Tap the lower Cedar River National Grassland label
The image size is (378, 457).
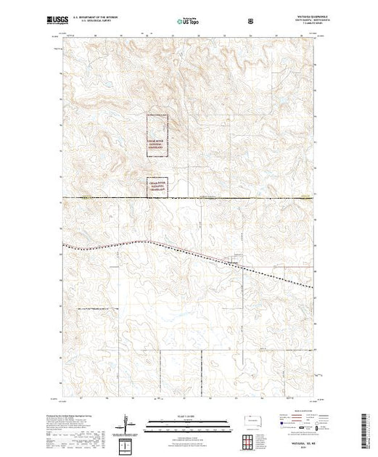(157, 186)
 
